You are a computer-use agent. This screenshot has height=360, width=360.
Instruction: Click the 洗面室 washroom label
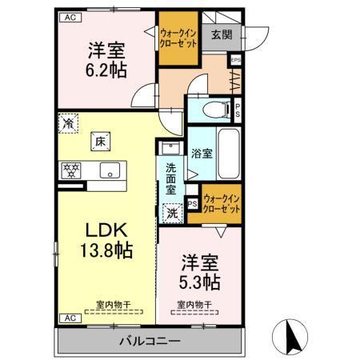(x=171, y=181)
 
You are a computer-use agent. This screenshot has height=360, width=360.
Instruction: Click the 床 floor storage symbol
(x=101, y=141)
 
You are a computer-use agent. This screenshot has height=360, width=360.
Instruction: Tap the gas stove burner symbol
(x=70, y=170)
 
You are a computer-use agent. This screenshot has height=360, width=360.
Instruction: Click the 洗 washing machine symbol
(x=171, y=213)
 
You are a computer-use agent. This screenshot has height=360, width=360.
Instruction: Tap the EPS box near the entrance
(x=235, y=58)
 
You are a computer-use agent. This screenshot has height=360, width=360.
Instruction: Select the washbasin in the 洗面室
(x=169, y=148)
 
